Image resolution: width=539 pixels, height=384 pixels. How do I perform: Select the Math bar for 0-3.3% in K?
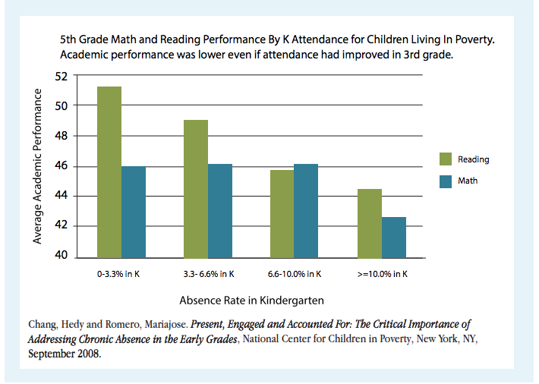pyautogui.click(x=133, y=212)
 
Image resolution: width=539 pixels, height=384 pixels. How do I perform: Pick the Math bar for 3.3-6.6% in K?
pyautogui.click(x=219, y=210)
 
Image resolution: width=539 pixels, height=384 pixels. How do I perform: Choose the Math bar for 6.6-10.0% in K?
pyautogui.click(x=306, y=210)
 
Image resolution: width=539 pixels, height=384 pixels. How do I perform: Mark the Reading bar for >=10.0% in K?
pyautogui.click(x=369, y=222)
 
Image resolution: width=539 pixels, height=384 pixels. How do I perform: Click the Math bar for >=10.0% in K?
pyautogui.click(x=393, y=237)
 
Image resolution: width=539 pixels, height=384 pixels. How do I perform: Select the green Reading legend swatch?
pyautogui.click(x=446, y=159)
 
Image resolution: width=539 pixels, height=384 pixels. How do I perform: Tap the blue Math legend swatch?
pyautogui.click(x=446, y=181)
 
